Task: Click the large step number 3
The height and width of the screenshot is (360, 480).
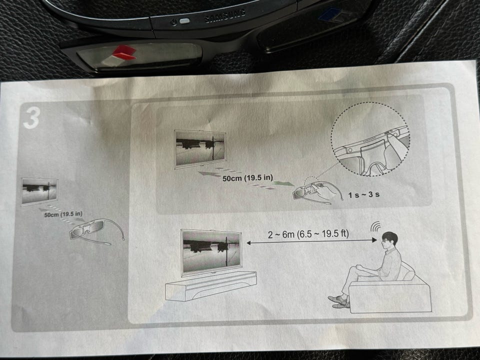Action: pos(31,118)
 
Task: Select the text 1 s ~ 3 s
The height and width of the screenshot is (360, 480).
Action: pos(363,194)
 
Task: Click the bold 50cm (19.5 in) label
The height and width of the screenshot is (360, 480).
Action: pos(247,178)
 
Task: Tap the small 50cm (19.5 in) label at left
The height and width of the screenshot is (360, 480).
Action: pos(63,214)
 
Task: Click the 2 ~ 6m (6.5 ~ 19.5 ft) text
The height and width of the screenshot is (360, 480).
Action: pos(308,234)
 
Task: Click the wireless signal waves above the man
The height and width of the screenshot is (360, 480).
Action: pos(375,226)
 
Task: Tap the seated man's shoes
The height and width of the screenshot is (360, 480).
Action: pos(339,301)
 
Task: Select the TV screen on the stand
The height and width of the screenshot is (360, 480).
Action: pos(211,251)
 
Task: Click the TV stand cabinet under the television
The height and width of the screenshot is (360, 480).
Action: pos(211,286)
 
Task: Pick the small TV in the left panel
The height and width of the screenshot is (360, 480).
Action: pos(39,191)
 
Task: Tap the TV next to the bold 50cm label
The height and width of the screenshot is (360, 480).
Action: pos(200,149)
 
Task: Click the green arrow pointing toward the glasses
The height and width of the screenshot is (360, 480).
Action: pos(283,183)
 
